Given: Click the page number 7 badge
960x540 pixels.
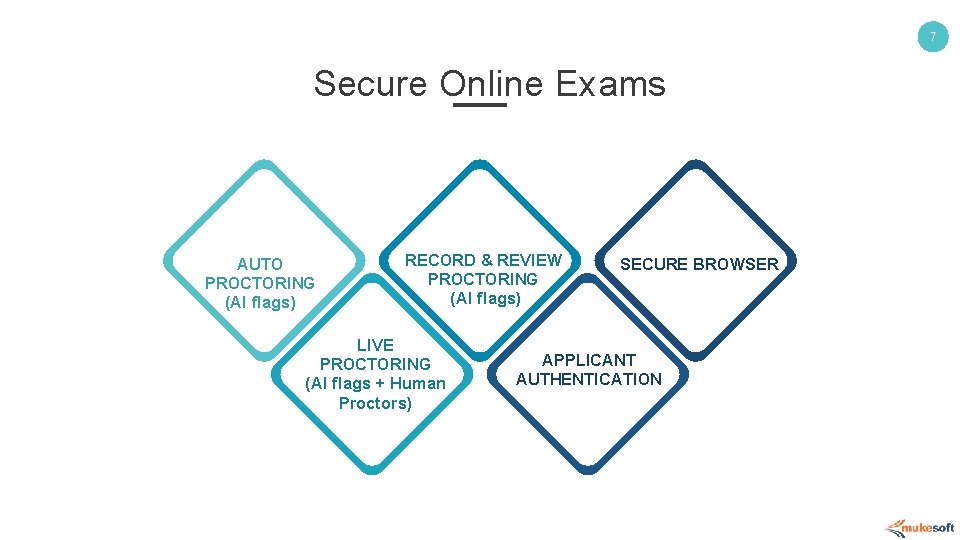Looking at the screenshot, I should (932, 38).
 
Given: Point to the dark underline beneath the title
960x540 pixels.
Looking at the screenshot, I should (480, 104).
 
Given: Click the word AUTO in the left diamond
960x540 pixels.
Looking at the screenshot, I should (260, 265).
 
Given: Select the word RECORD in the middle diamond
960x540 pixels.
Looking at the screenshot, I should (440, 260).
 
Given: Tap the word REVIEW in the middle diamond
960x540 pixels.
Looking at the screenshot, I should (529, 260).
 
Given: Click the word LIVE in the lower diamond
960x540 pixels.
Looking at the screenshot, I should (376, 345).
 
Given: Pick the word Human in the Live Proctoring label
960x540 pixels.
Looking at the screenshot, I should (418, 384).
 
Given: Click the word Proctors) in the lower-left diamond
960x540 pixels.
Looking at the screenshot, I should (376, 403).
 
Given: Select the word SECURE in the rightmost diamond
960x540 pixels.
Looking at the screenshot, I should (654, 265).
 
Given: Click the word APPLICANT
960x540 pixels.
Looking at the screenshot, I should (589, 360).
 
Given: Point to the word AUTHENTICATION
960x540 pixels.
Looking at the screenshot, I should (589, 379).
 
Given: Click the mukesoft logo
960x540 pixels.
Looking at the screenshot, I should (920, 527).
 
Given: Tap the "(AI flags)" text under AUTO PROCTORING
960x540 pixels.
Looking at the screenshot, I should (260, 303).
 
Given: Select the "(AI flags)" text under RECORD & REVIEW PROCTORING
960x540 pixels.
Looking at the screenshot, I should (485, 298).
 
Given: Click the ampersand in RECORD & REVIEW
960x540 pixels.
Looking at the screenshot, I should (486, 260).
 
